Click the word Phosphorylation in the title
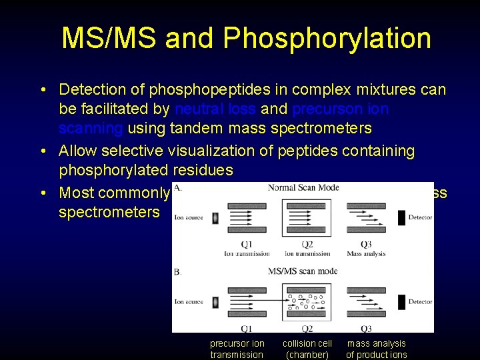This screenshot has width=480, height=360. click(x=327, y=39)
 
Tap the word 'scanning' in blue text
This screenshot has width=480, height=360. click(x=91, y=127)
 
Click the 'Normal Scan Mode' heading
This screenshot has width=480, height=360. click(x=303, y=188)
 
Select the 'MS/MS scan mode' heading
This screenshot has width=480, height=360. click(x=303, y=271)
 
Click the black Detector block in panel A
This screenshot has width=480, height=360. click(x=401, y=218)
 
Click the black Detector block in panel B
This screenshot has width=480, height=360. click(x=401, y=302)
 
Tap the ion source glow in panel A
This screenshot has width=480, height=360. click(x=215, y=218)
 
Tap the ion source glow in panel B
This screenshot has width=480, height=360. click(x=215, y=302)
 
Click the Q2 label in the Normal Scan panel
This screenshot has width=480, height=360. click(x=307, y=244)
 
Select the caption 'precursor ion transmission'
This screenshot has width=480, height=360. click(x=237, y=349)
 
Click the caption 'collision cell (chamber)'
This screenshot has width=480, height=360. click(x=307, y=349)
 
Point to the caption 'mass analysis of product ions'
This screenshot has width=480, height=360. click(x=376, y=349)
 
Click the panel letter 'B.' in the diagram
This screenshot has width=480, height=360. click(x=177, y=272)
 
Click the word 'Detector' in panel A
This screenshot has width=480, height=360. click(x=420, y=218)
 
